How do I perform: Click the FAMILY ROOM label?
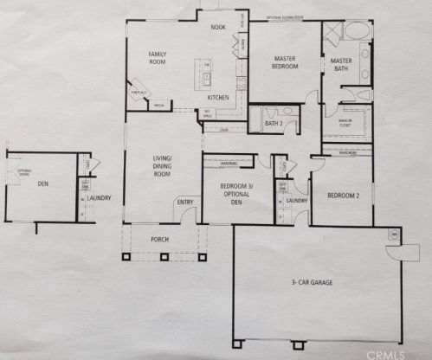click(x=157, y=58)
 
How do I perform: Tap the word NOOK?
click(x=218, y=27)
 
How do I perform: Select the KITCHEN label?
click(x=217, y=98)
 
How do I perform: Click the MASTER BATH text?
click(x=340, y=63)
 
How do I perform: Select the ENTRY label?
click(x=185, y=202)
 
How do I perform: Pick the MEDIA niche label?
click(x=159, y=106)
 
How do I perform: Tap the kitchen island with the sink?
click(x=209, y=75)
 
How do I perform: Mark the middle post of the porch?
click(x=161, y=256)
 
